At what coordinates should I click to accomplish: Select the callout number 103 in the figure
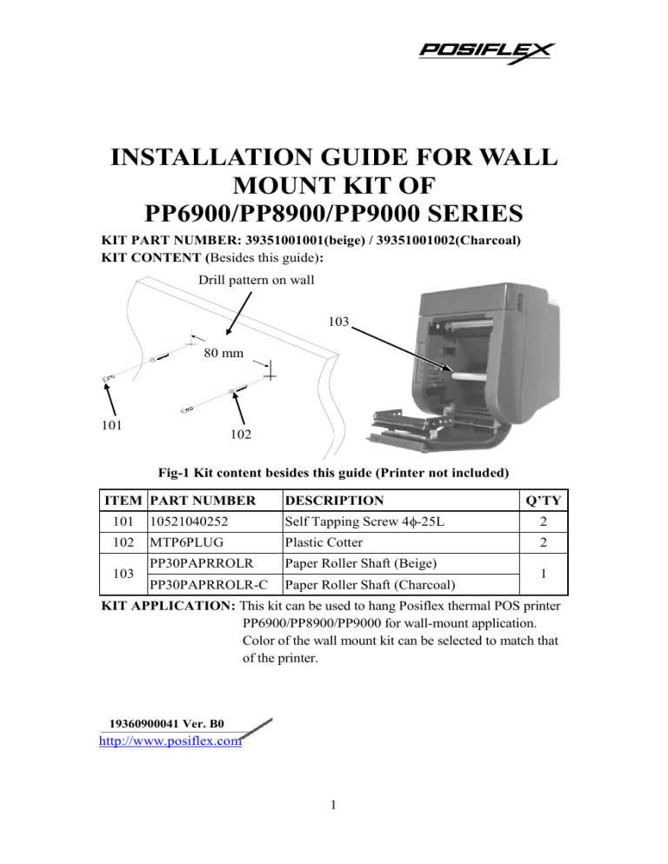tap(339, 322)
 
